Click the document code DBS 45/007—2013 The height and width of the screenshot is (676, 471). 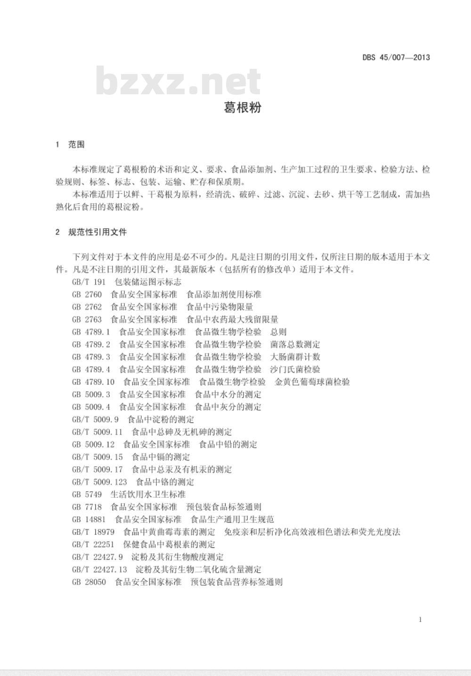tap(396, 58)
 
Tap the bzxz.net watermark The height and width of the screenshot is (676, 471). tap(178, 82)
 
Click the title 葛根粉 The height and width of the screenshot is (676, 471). tap(242, 107)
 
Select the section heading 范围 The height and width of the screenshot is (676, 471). tap(76, 144)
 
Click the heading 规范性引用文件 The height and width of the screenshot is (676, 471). tap(97, 232)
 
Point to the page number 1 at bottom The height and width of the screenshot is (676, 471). tap(420, 619)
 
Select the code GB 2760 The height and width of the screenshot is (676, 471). tap(87, 294)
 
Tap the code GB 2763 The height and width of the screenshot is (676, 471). tap(87, 319)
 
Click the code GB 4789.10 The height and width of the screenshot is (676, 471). tap(93, 382)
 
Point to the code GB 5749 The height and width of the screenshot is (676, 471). tap(87, 494)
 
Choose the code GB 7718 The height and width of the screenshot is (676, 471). tap(87, 507)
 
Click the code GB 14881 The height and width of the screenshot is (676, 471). tap(89, 519)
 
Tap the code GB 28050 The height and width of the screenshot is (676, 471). tap(89, 582)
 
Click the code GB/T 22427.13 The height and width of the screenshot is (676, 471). tap(99, 569)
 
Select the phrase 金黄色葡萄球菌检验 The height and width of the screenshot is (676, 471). tap(312, 382)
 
